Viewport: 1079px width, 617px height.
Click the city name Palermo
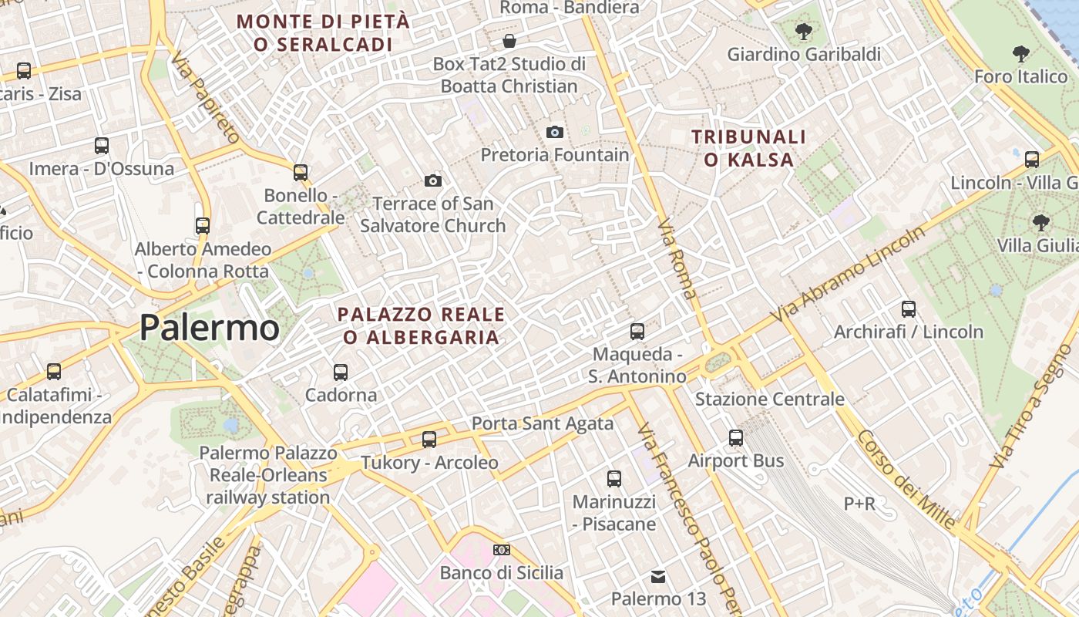point(209,328)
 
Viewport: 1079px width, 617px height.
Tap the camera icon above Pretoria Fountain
point(554,132)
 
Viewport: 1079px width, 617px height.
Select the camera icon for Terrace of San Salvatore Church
point(433,180)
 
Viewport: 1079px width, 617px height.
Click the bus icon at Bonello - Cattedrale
point(301,172)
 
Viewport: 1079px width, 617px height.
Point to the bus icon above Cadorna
point(341,372)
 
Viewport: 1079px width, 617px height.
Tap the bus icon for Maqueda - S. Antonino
point(637,332)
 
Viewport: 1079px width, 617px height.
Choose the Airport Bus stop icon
point(736,438)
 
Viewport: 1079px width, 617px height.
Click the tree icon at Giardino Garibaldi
point(804,32)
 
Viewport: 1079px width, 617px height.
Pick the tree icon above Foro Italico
point(1021,54)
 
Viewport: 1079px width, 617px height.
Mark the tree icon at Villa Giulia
point(1041,223)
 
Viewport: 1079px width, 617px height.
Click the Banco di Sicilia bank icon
point(502,550)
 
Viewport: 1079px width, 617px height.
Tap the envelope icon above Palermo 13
point(658,576)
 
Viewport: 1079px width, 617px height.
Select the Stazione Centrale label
point(769,400)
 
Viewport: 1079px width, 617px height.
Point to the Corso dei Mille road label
point(906,478)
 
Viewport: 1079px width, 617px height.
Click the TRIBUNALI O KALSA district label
point(748,148)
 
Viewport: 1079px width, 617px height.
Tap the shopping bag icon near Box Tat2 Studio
point(509,40)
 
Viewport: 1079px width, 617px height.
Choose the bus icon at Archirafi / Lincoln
point(909,309)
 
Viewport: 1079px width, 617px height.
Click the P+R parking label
point(859,504)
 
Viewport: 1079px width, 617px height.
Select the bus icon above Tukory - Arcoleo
point(429,440)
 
